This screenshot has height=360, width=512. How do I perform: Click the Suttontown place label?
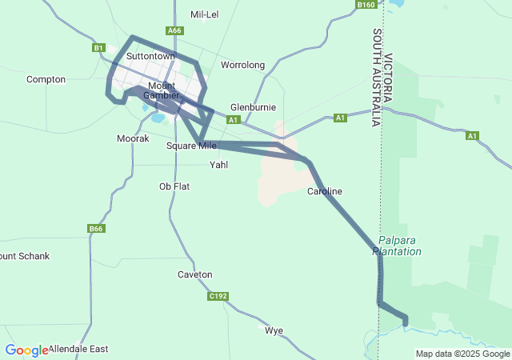coord(150,57)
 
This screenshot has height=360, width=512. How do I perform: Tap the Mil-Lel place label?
coord(205,14)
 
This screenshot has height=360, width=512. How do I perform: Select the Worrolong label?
coord(242,65)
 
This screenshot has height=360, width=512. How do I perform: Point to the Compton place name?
coord(46,79)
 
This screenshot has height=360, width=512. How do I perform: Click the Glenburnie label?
coord(253,106)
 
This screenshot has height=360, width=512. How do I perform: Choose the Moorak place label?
coord(133,138)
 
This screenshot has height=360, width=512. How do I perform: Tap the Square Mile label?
coord(191,146)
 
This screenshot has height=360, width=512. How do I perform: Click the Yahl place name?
coord(218,165)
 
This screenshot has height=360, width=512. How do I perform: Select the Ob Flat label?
coord(174,186)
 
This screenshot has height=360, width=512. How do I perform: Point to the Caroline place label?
coord(325,191)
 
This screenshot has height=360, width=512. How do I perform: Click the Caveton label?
coord(194,274)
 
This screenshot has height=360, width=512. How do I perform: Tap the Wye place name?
coord(274,330)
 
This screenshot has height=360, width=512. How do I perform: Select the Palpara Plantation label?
coord(400,246)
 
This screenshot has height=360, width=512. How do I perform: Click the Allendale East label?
coord(78,350)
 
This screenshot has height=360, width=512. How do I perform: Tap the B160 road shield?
coord(366,5)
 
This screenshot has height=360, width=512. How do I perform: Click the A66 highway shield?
coord(174,30)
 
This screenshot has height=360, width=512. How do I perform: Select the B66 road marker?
coord(96,229)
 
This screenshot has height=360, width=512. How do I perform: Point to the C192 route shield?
coord(218,296)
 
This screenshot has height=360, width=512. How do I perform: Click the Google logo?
coord(26,350)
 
